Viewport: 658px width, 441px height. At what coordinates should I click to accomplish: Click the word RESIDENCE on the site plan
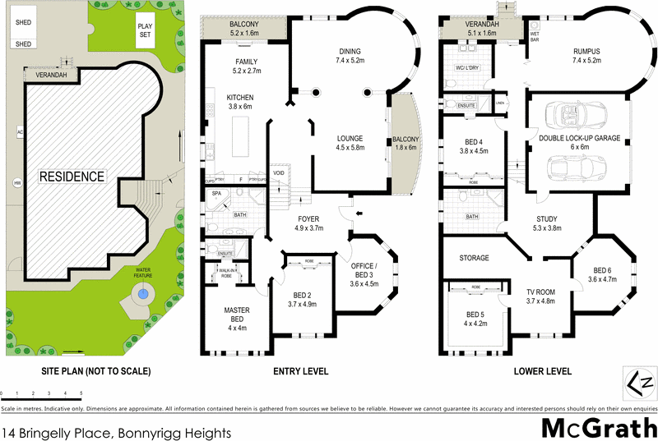(74, 176)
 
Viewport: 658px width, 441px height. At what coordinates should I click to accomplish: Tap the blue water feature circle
(143, 293)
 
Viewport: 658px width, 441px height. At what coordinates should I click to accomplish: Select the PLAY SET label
(146, 30)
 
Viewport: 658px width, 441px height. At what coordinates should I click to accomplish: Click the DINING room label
(350, 50)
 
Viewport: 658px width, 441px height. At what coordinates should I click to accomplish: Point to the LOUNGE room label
(350, 138)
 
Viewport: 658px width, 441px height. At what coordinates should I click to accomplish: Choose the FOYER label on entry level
(308, 218)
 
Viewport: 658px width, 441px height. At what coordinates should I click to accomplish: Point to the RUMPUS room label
(587, 50)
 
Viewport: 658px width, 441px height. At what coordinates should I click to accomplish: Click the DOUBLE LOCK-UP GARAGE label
(579, 138)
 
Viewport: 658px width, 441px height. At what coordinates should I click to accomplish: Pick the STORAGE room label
(473, 258)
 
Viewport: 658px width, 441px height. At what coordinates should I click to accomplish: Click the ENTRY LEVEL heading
(300, 371)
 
